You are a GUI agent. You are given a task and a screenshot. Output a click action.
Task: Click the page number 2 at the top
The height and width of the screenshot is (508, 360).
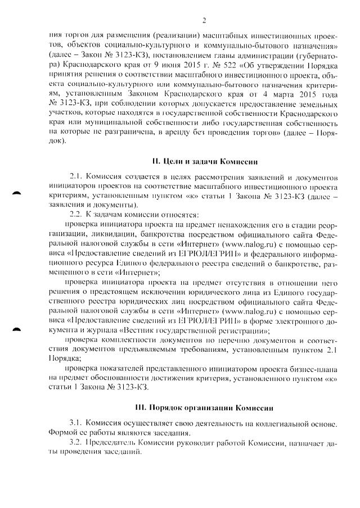coord(204,21)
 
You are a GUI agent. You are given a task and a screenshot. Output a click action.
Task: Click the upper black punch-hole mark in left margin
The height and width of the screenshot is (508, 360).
coord(17,193)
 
